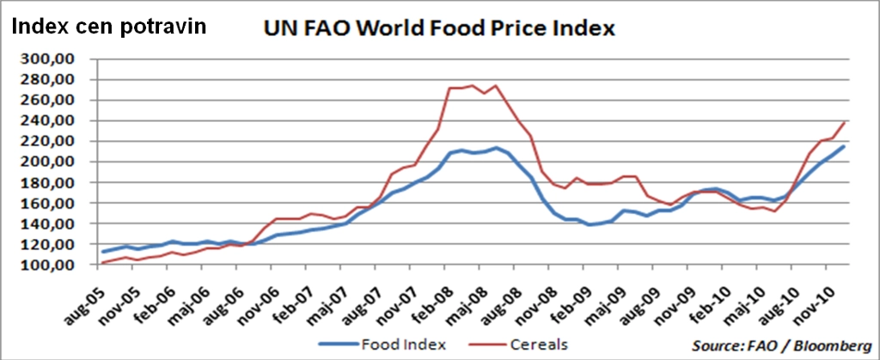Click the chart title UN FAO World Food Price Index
(x=439, y=28)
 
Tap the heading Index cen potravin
(x=109, y=26)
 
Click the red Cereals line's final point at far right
(x=843, y=123)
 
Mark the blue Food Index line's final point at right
(x=843, y=147)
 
